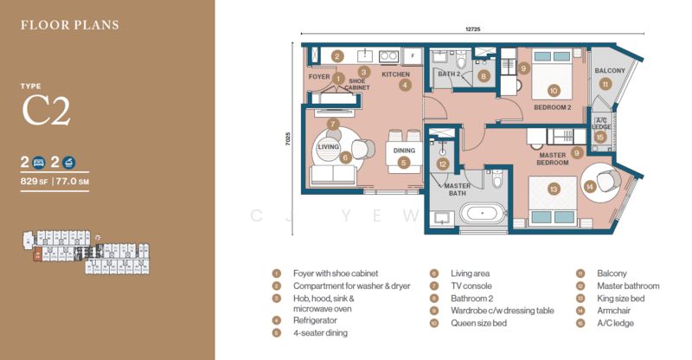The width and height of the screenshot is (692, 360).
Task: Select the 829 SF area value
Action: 38,182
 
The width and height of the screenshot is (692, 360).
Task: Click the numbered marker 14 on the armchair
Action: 590,184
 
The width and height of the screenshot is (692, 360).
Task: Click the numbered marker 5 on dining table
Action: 403,162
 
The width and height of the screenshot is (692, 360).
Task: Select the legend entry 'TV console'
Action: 471,286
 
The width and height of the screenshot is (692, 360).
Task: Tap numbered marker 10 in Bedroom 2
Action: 554,89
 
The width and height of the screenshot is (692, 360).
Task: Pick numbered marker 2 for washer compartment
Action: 337,56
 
